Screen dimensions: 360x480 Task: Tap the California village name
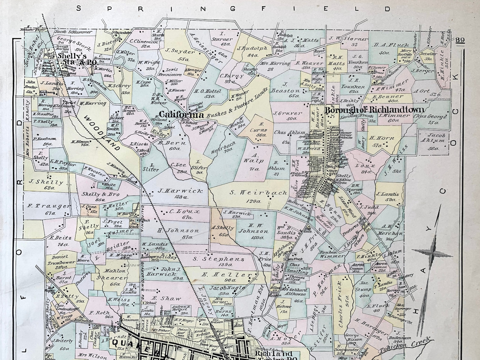coord(181,115)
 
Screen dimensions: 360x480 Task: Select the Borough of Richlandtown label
coord(374,110)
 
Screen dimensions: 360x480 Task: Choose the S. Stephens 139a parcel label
coord(218,261)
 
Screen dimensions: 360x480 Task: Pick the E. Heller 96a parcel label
coord(226,277)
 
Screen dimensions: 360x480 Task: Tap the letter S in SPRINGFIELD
coord(79,8)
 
